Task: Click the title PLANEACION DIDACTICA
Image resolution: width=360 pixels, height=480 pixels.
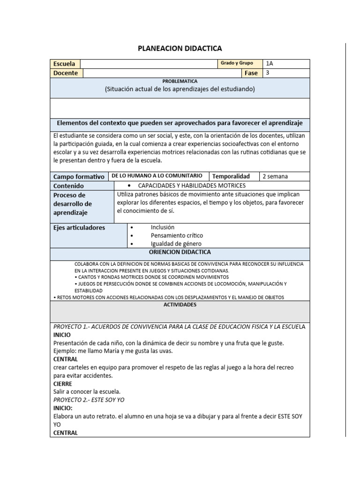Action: coord(180,48)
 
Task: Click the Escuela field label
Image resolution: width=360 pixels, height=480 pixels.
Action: coord(65,64)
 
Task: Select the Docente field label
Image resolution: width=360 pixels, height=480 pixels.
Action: coord(66,73)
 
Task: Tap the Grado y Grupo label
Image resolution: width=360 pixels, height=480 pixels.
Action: coord(237,63)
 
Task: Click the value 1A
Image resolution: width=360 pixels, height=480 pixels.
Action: coord(269,64)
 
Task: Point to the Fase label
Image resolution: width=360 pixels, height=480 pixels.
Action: coord(251,73)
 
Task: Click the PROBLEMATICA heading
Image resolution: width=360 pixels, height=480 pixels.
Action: coord(180,81)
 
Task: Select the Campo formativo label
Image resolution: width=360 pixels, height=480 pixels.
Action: coord(79,177)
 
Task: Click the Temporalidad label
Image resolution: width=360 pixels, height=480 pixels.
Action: coord(231,176)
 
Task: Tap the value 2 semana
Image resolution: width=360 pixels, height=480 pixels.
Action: coord(275,176)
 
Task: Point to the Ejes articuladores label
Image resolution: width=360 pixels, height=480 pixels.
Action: coord(79,228)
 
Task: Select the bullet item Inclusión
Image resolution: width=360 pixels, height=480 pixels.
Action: coord(162,227)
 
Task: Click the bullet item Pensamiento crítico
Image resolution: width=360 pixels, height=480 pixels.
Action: coord(177,235)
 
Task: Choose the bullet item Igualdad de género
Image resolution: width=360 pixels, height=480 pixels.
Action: coord(176,244)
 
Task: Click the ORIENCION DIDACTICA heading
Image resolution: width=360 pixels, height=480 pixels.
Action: coord(180,252)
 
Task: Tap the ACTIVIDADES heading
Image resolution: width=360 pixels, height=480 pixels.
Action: coord(180,305)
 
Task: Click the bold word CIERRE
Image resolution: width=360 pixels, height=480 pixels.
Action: coord(63,383)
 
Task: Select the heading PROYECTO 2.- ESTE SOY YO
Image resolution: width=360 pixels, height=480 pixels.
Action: coord(89,400)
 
